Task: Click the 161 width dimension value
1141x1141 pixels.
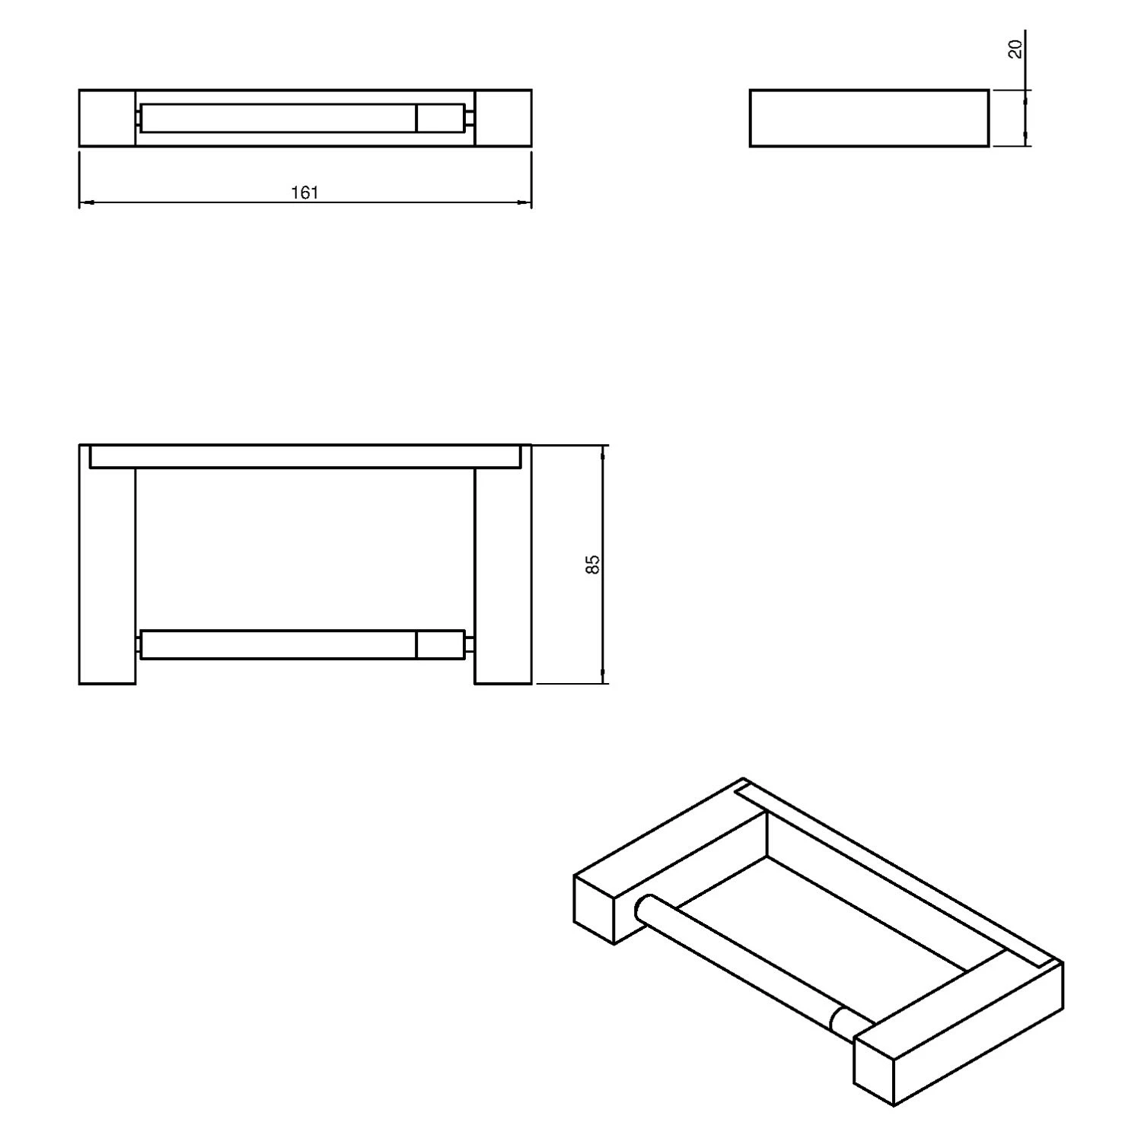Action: point(304,192)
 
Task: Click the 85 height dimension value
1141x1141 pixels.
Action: point(593,564)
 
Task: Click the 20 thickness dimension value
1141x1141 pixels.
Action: point(1015,49)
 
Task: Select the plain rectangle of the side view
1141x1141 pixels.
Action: point(869,118)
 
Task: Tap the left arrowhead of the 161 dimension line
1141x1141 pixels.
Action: point(85,202)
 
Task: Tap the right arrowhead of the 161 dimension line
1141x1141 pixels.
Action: point(524,202)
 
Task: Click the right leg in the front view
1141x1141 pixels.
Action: point(503,576)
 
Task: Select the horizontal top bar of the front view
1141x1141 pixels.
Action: point(305,456)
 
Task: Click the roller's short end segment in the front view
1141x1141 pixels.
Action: point(440,644)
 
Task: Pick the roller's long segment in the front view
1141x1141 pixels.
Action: point(279,644)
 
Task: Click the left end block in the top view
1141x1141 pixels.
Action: point(107,118)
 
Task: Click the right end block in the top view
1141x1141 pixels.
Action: point(503,118)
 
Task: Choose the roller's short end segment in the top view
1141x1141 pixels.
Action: point(440,118)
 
